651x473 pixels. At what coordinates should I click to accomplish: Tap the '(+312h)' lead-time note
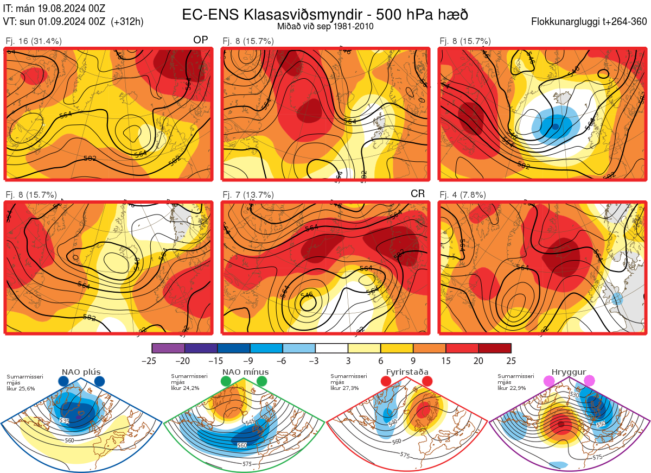[127, 22]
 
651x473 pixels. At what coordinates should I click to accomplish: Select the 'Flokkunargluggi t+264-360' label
[590, 22]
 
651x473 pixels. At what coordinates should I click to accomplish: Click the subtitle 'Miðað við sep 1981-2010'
[325, 26]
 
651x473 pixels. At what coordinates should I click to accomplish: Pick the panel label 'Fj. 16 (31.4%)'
[34, 41]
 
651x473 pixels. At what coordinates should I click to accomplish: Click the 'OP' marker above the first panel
[200, 40]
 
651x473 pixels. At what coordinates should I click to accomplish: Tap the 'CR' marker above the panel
[417, 194]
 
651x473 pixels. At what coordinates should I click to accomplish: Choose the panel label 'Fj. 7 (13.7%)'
[248, 195]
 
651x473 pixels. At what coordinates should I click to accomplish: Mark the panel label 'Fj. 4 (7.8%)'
[462, 195]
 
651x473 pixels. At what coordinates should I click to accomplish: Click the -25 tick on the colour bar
[152, 361]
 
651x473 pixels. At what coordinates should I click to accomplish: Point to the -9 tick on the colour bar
[250, 361]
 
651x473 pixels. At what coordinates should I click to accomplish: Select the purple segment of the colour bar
[168, 348]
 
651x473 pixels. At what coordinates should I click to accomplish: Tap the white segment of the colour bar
[331, 348]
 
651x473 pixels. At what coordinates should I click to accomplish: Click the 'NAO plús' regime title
[81, 372]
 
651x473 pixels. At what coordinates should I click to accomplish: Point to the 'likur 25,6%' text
[21, 388]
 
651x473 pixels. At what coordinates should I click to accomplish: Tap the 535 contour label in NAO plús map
[65, 421]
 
